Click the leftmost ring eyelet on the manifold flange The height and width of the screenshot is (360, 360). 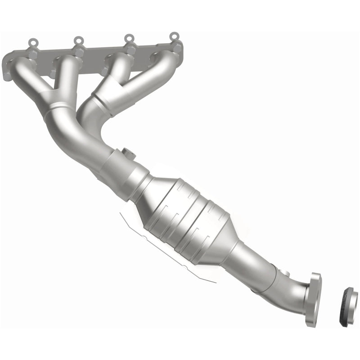32,44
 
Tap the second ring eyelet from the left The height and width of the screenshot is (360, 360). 78,41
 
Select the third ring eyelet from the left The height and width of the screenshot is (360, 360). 129,38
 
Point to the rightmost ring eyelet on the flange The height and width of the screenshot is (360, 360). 173,36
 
